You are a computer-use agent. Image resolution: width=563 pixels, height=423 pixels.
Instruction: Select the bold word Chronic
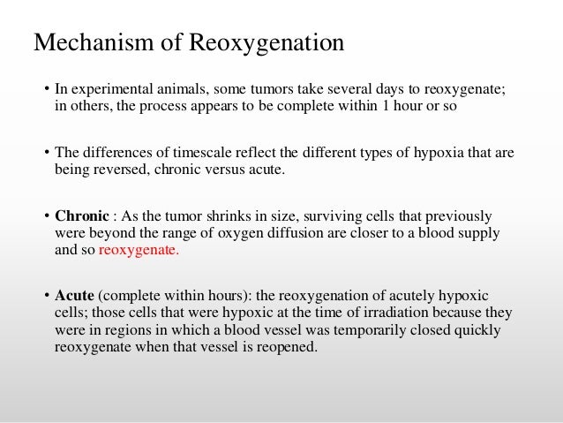tap(81, 216)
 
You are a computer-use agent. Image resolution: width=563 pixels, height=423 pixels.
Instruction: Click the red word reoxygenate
tap(139, 250)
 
